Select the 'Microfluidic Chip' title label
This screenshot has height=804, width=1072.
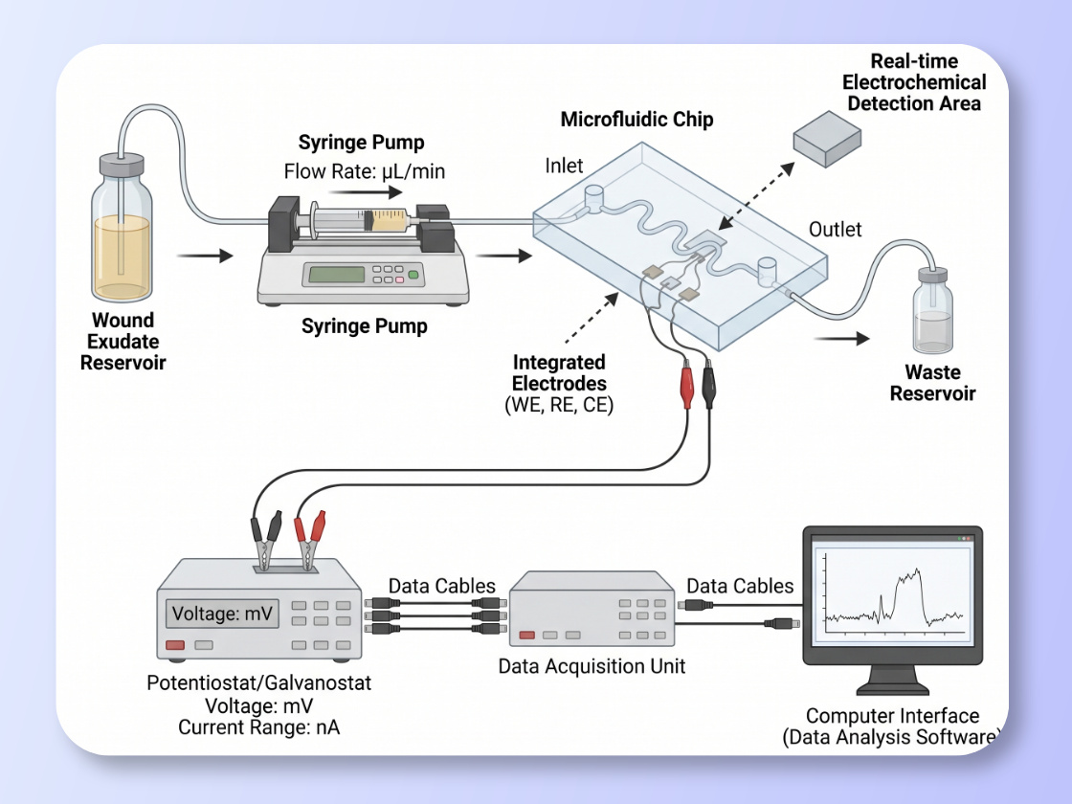pyautogui.click(x=636, y=120)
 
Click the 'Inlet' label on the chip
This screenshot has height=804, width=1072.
pyautogui.click(x=564, y=166)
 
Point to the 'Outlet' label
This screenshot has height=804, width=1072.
pyautogui.click(x=835, y=230)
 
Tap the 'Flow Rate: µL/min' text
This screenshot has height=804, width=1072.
pyautogui.click(x=365, y=172)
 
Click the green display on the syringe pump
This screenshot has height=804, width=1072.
pyautogui.click(x=335, y=274)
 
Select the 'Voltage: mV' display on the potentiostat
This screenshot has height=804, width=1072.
pyautogui.click(x=221, y=614)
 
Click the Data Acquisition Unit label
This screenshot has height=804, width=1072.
pyautogui.click(x=592, y=665)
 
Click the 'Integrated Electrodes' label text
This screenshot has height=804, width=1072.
pyautogui.click(x=559, y=373)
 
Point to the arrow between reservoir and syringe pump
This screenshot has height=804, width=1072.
pyautogui.click(x=205, y=256)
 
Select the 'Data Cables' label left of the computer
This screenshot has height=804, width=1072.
pyautogui.click(x=740, y=586)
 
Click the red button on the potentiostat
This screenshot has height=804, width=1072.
pyautogui.click(x=174, y=645)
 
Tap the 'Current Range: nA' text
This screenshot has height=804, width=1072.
pyautogui.click(x=258, y=727)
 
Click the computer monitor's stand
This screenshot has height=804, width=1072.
pyautogui.click(x=891, y=681)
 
